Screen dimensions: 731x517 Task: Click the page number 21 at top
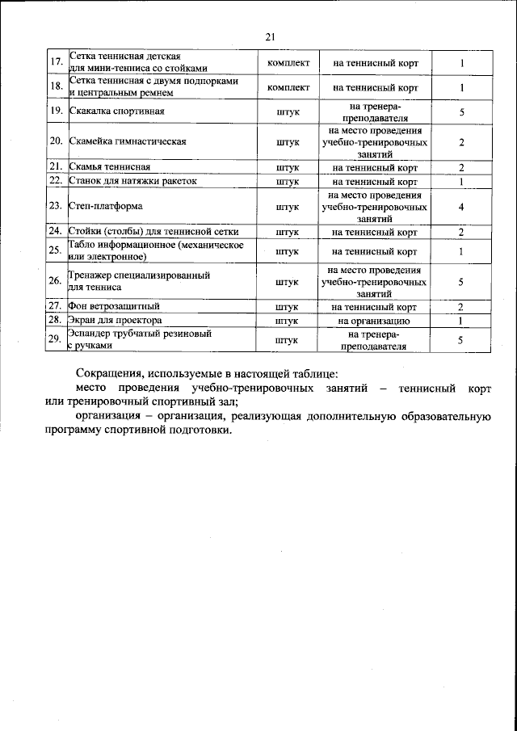coord(270,36)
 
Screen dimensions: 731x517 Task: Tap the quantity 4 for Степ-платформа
coord(460,207)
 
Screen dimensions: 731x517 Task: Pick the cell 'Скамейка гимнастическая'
coord(128,141)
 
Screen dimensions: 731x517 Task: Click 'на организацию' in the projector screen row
coord(374,321)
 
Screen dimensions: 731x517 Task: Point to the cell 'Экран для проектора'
coord(116,321)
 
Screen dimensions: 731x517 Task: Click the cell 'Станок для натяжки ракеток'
coord(132,182)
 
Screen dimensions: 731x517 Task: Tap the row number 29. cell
coord(57,339)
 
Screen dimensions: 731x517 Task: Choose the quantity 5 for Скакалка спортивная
coord(460,111)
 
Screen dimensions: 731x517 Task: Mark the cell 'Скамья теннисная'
coord(109,167)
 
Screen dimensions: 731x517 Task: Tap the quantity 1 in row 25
coord(460,251)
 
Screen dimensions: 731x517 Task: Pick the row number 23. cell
coord(57,207)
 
